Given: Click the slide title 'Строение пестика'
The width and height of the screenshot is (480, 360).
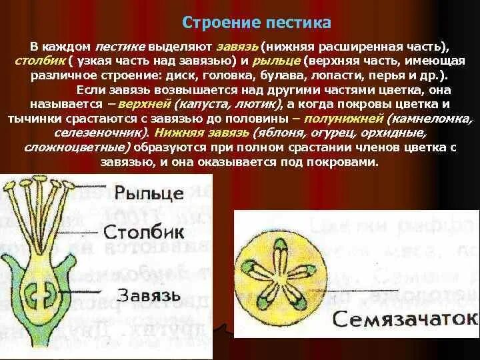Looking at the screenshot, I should (x=256, y=23).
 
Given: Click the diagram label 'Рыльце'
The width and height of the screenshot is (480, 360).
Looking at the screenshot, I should (x=148, y=195).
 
